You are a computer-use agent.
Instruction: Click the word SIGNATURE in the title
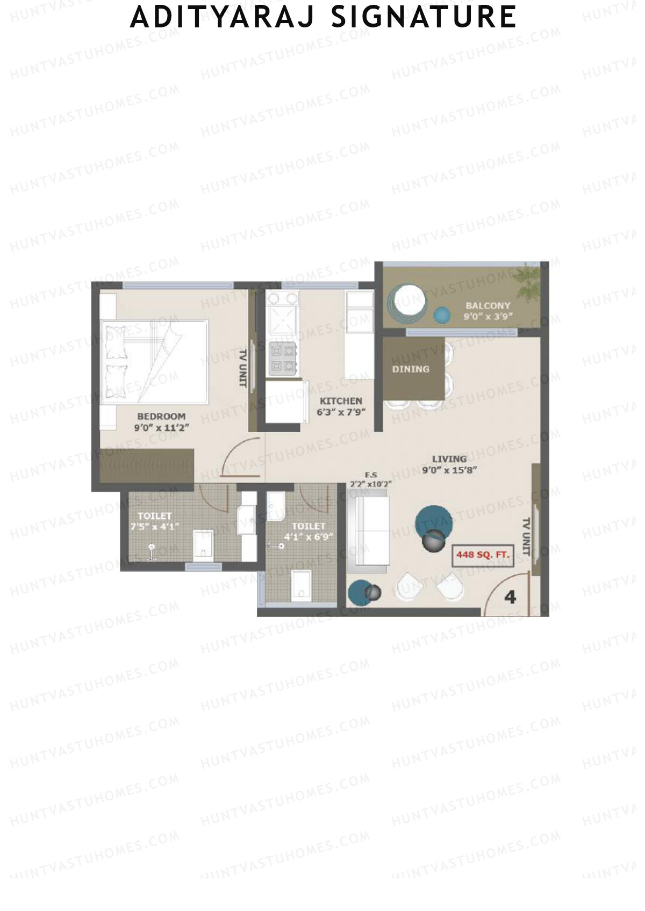[x=424, y=17]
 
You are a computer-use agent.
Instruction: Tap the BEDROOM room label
[x=161, y=416]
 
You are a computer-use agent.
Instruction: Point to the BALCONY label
[x=488, y=305]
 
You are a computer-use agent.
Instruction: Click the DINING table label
[x=411, y=369]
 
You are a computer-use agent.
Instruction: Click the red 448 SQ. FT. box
[x=483, y=555]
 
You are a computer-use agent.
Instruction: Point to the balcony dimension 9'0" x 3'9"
[x=488, y=317]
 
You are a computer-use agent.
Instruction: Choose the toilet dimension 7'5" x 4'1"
[x=155, y=527]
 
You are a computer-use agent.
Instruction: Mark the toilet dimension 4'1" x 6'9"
[x=309, y=536]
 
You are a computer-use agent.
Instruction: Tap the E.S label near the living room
[x=371, y=475]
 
